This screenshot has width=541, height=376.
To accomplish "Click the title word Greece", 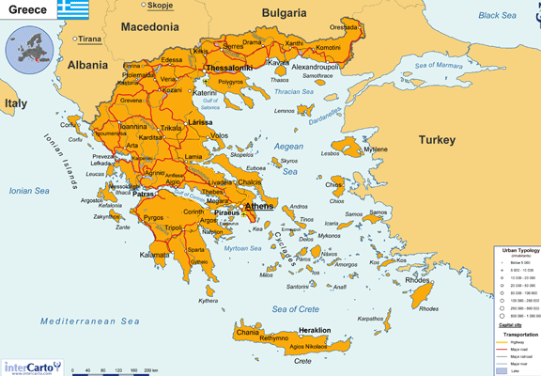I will (25, 9).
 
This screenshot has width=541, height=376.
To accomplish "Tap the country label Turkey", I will (436, 140).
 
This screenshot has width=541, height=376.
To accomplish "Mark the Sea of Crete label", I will (295, 309).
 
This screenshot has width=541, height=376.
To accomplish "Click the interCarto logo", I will (32, 367).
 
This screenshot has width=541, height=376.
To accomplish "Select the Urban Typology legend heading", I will (517, 251).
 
